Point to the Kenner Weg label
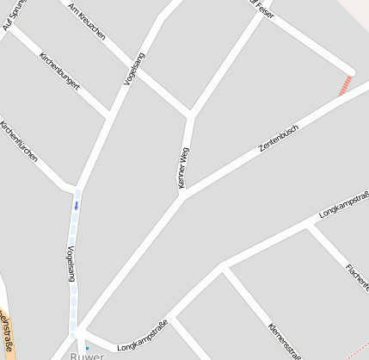[x=183, y=167]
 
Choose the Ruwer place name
[x=87, y=354]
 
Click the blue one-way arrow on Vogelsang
[x=76, y=205]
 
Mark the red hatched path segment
[x=346, y=84]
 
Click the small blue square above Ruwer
[x=86, y=348]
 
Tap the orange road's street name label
[x=7, y=336]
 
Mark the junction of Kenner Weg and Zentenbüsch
[x=182, y=195]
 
